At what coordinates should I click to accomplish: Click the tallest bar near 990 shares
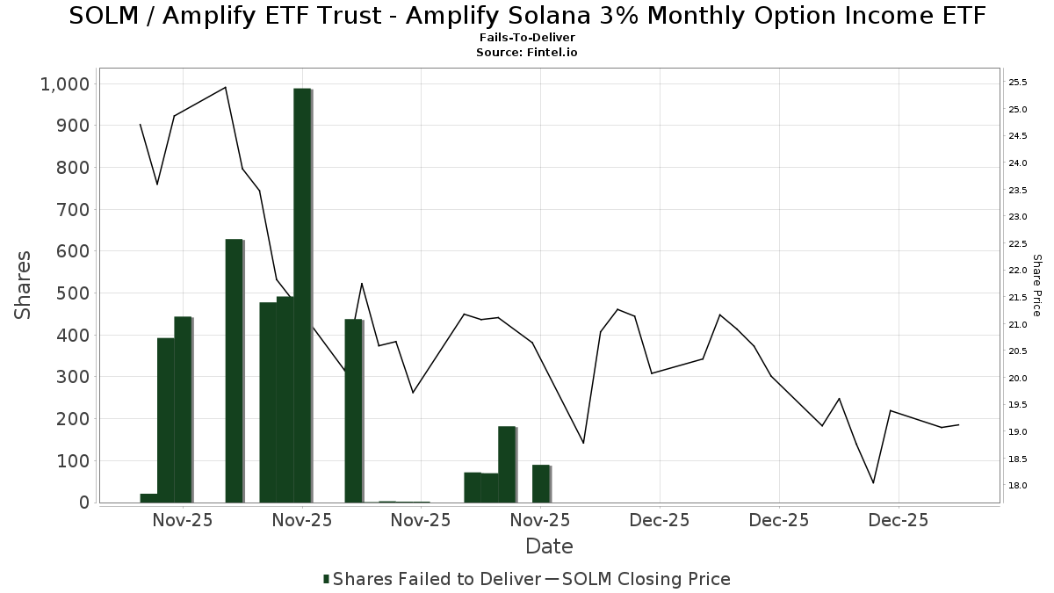click(x=302, y=295)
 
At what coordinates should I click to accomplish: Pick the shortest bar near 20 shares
click(x=148, y=498)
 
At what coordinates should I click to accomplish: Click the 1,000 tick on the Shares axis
click(x=64, y=83)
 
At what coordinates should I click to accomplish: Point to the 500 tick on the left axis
click(x=71, y=293)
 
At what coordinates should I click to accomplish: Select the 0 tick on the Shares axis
click(x=83, y=503)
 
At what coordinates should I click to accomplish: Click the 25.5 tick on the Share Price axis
click(x=1018, y=83)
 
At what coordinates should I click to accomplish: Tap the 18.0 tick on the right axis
click(x=1018, y=486)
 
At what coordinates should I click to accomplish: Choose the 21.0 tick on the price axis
click(x=1018, y=324)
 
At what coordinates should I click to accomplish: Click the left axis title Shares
click(x=24, y=286)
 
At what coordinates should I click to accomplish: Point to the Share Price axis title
click(x=1036, y=286)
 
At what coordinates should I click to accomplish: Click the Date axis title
click(x=549, y=546)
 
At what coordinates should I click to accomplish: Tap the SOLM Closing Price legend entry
click(x=646, y=579)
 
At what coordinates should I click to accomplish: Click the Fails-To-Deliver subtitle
click(x=527, y=39)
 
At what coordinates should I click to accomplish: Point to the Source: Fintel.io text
click(x=527, y=53)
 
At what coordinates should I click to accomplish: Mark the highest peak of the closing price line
click(x=226, y=87)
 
